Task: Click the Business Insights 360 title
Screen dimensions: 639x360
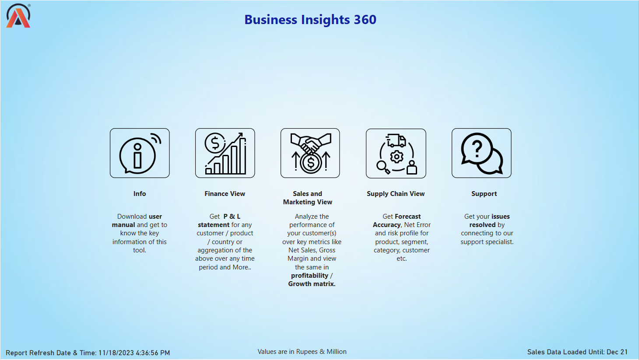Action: [310, 20]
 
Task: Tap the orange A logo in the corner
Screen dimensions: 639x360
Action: [18, 16]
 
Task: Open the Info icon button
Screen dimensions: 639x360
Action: [140, 153]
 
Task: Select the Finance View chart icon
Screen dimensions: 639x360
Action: [225, 153]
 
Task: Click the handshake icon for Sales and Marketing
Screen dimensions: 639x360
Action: [310, 153]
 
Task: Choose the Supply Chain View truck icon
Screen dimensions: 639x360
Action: [396, 154]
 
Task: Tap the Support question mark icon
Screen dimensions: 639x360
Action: [481, 153]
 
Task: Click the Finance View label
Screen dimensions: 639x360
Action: [225, 194]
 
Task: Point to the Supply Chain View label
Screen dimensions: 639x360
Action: [396, 194]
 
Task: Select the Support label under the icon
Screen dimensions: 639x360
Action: [484, 194]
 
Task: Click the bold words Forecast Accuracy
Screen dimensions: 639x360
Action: [397, 220]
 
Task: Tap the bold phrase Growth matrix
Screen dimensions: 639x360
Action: [312, 284]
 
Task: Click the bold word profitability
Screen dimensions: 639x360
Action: [309, 276]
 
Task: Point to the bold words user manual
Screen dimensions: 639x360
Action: [137, 220]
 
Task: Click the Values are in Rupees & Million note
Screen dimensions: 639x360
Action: [302, 352]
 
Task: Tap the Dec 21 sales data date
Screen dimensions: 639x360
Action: [617, 352]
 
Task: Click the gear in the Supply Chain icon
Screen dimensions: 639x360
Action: [397, 157]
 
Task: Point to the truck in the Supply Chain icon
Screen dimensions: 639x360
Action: [397, 140]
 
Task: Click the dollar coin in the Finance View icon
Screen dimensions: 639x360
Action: [215, 143]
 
